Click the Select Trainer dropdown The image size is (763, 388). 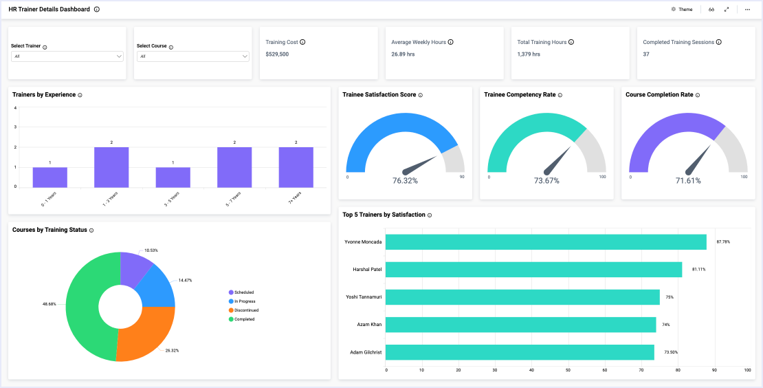[x=67, y=56]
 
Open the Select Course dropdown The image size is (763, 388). [x=192, y=56]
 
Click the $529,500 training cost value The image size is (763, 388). [x=277, y=54]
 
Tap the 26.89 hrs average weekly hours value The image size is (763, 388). [x=403, y=54]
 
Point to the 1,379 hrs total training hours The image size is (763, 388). [x=529, y=54]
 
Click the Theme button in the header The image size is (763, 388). [x=682, y=10]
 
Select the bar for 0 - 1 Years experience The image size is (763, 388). [x=49, y=177]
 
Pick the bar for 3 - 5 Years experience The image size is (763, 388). [x=173, y=177]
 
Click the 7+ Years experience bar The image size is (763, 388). [x=296, y=167]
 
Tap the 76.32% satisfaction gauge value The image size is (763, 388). [x=405, y=181]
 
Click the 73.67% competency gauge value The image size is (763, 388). [x=546, y=181]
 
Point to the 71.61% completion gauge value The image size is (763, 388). [x=688, y=181]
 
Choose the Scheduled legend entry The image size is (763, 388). [x=243, y=292]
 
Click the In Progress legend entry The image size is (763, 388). [x=245, y=301]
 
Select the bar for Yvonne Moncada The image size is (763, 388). [x=546, y=242]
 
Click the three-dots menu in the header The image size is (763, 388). [x=747, y=10]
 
